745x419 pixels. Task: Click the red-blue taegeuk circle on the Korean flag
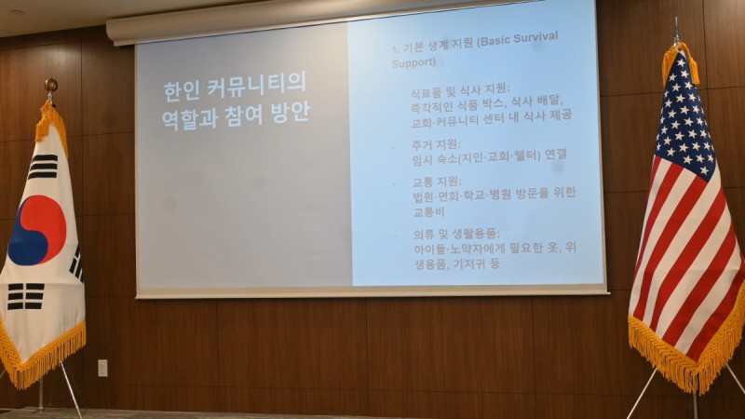(36, 230)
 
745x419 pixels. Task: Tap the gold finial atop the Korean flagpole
(50, 87)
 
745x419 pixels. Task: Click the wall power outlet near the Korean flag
(102, 367)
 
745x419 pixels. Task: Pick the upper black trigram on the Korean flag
(43, 167)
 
